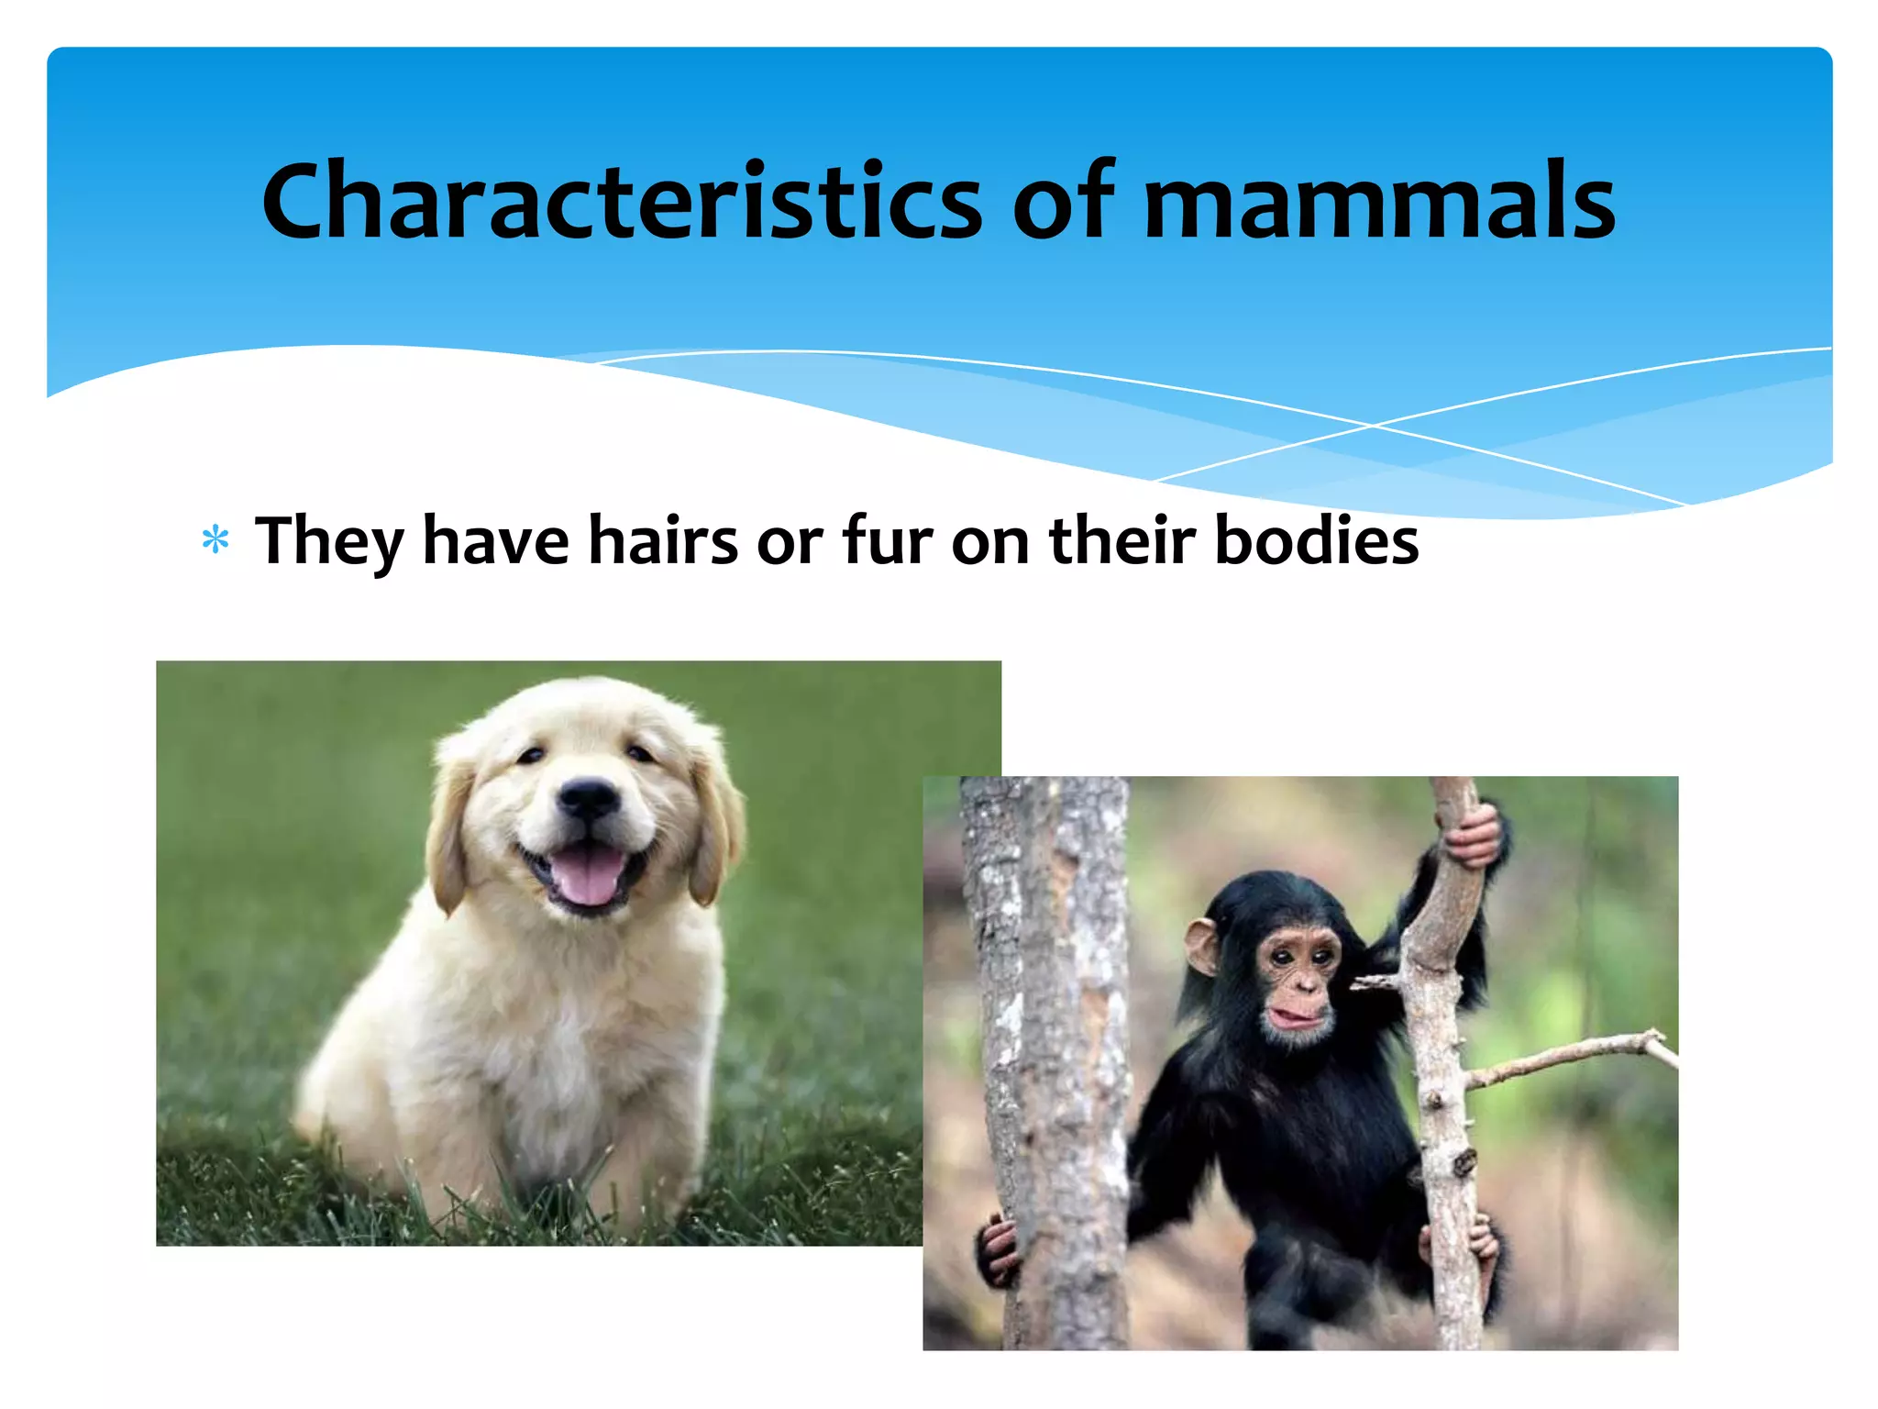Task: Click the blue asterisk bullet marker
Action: (215, 539)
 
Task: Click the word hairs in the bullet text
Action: (662, 541)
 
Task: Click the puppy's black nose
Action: (588, 796)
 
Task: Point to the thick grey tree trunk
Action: (1055, 1055)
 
